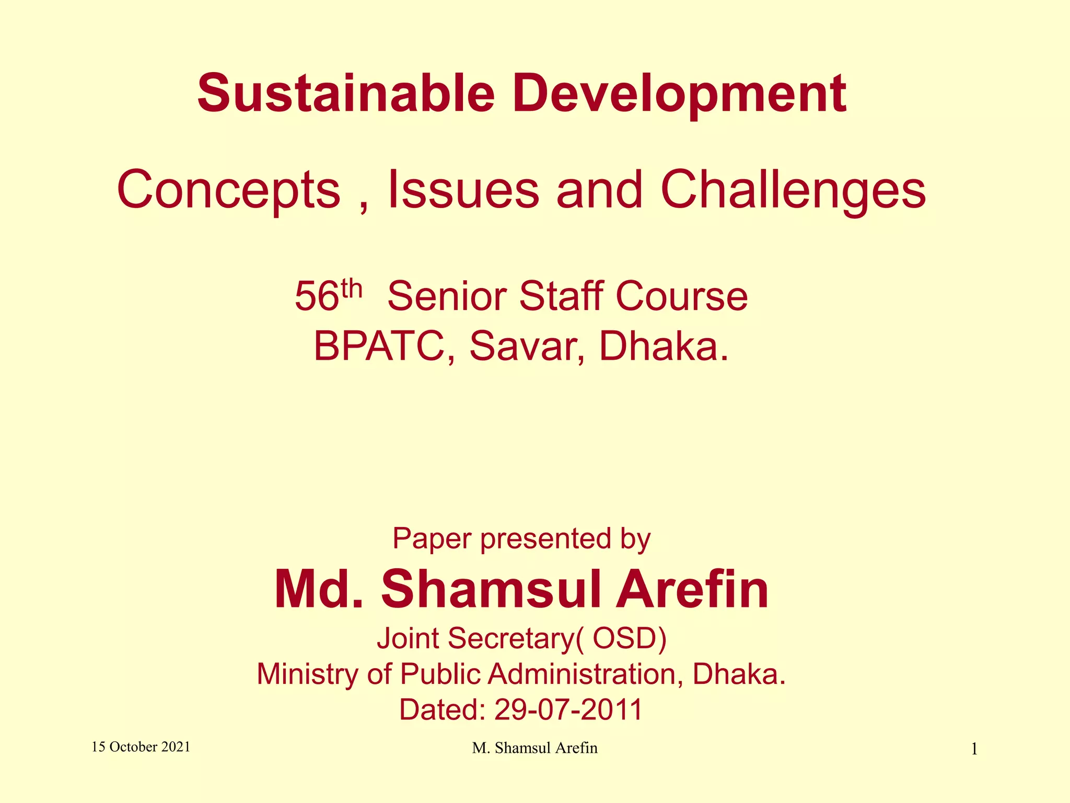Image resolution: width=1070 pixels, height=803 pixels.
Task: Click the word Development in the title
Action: pos(679,94)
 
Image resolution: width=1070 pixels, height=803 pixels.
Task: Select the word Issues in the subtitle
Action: pos(463,189)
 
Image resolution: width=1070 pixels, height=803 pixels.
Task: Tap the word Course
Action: pos(681,296)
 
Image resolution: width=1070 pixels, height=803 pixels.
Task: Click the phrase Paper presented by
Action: pos(521,539)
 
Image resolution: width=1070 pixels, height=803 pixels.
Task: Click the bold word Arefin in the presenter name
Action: pos(692,590)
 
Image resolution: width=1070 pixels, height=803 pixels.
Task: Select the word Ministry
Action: pos(307,674)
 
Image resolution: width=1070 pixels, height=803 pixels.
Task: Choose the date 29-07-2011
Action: pos(568,710)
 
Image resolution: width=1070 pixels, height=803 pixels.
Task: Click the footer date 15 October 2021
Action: pos(141,747)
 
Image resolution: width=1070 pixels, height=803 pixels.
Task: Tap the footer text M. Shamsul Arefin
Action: pos(534,748)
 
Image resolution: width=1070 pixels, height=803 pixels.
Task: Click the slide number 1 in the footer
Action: pos(974,750)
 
